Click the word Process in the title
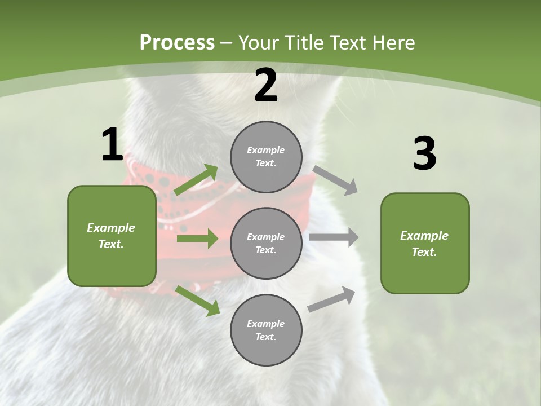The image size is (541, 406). coord(177,43)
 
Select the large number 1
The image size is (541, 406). coord(112,145)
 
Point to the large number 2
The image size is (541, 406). coord(266,86)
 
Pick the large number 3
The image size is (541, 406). coord(424,154)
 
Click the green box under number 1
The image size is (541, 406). coord(112,236)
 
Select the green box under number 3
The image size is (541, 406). coord(425,244)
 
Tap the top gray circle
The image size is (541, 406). coord(266,157)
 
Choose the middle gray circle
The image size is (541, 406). coord(266,243)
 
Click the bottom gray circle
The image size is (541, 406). coord(266,330)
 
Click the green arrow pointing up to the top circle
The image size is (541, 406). coord(196,180)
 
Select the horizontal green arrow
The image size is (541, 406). coord(197,239)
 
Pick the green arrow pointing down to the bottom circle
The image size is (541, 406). coord(197,300)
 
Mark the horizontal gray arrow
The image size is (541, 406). coord(334,237)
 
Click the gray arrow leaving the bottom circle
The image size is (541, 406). coord(332,299)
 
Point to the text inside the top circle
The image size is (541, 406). coord(266,157)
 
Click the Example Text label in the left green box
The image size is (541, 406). coord(111,236)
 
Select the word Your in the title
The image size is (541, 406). coord(260,43)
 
